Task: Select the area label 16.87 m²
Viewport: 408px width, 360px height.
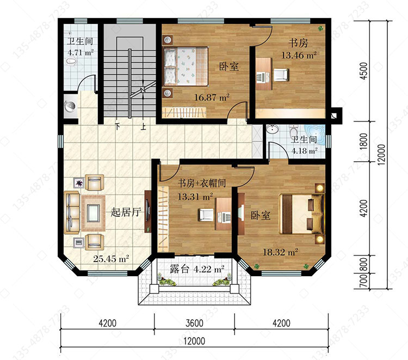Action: (212, 97)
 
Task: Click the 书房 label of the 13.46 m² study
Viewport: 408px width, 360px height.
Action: (298, 42)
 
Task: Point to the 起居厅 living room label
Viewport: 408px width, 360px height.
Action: (126, 212)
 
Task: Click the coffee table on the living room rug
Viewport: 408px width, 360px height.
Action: (93, 213)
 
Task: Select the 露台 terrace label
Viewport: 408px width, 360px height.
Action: (180, 269)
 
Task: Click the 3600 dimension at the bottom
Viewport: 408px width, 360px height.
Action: (194, 324)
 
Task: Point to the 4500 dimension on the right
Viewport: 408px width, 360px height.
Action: (364, 71)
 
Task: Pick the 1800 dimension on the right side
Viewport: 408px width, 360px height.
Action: (364, 141)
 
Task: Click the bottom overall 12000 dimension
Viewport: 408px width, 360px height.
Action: (194, 341)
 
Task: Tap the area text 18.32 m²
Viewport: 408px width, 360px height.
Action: (280, 252)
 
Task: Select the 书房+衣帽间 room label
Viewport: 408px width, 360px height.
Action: (202, 183)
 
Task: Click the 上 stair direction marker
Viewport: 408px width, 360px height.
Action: (144, 127)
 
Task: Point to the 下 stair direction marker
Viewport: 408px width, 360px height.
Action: (118, 127)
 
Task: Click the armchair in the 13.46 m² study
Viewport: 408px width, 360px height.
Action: (281, 75)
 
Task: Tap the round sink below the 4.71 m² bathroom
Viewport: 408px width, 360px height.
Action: (70, 106)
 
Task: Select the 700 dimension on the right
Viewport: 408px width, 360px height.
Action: (364, 281)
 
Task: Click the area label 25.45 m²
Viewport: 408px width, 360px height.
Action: (111, 259)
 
